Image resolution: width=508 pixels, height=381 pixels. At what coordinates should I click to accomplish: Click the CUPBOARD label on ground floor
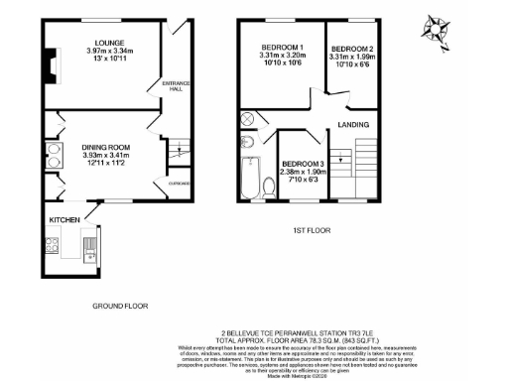pyautogui.click(x=179, y=184)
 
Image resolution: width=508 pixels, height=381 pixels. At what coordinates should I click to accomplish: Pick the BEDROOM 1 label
pyautogui.click(x=281, y=47)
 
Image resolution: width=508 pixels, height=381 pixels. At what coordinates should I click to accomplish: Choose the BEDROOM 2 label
pyautogui.click(x=352, y=49)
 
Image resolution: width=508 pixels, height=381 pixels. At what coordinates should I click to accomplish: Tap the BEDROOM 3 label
pyautogui.click(x=304, y=164)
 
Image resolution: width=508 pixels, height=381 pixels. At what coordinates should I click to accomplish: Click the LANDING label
pyautogui.click(x=353, y=124)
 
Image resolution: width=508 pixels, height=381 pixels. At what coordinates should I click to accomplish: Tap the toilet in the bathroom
pyautogui.click(x=268, y=186)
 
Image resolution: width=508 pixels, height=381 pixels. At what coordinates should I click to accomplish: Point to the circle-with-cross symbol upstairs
pyautogui.click(x=248, y=119)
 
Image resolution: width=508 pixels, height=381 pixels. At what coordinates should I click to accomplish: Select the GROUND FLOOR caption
pyautogui.click(x=120, y=307)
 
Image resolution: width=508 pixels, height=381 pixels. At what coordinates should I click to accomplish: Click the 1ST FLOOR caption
pyautogui.click(x=311, y=231)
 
